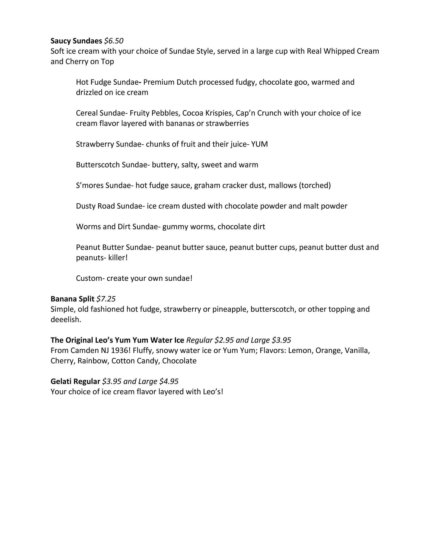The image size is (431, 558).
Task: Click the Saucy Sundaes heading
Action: coord(76,41)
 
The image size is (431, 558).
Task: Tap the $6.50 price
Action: coord(114,41)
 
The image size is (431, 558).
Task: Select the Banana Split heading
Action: coord(72,299)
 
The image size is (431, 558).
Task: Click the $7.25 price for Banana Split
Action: coord(106,299)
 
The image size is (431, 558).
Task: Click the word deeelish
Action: coord(66,320)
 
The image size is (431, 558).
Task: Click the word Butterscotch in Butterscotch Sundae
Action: coord(98,165)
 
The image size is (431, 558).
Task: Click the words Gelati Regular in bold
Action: coord(75,381)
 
